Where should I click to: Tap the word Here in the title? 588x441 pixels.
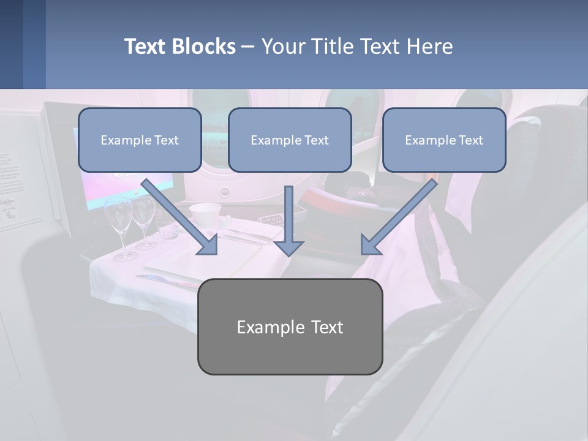(431, 47)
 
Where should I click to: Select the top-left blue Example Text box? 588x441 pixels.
(140, 140)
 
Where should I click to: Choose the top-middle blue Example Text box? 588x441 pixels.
(290, 140)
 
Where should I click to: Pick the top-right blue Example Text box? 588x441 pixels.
(444, 140)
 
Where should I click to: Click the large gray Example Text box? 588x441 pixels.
(290, 326)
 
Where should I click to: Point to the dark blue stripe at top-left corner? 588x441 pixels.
(11, 44)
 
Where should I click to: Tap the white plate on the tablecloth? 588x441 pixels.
(175, 263)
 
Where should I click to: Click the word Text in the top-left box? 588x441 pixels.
(165, 140)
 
